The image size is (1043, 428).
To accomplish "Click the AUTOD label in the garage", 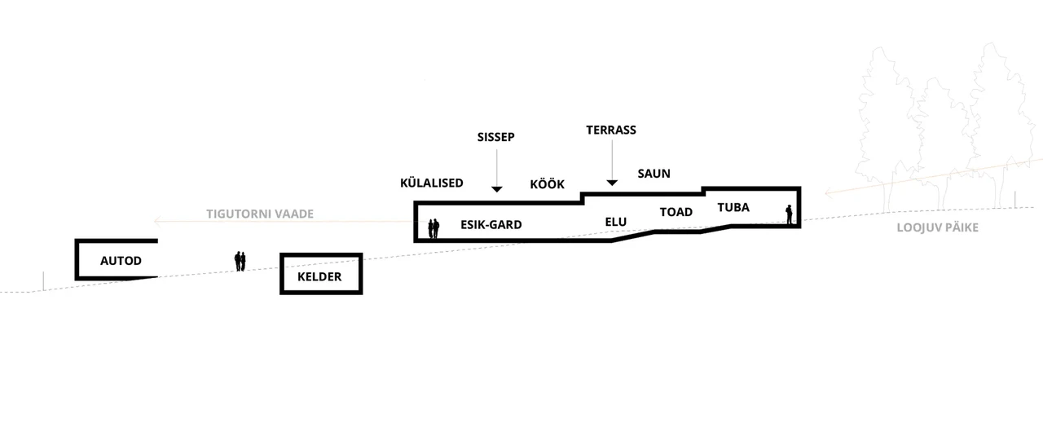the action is pos(121,260).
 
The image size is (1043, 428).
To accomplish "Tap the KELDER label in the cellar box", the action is pos(319,276).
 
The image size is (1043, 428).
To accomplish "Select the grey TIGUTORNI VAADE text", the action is pos(260,214).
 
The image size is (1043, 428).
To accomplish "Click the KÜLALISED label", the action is pos(432,183).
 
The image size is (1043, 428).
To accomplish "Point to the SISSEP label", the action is pos(496,137).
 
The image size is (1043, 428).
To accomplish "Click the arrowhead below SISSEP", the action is pos(497,189).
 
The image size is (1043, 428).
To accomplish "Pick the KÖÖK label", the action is pos(547,184).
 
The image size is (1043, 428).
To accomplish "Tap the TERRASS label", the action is pos(611,130).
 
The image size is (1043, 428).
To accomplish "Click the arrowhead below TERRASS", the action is pos(612,183).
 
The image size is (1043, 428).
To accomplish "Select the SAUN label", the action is pos(654,174).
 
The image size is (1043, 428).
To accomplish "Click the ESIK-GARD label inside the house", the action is pos(491,224).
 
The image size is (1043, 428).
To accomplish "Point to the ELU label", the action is pos(615,222).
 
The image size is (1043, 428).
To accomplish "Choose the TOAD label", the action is pos(676,212).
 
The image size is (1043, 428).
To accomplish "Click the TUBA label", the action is pos(733,207).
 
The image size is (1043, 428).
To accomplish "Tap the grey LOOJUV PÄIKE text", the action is pos(937,227).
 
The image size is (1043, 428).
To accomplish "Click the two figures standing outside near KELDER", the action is pos(240,261).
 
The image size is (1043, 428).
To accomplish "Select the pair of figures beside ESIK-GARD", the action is pos(433,228).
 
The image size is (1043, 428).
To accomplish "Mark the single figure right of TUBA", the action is pos(789,214).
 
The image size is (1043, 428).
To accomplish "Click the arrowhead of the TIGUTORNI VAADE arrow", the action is pos(157,221).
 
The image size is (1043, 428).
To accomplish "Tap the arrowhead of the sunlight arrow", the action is pos(829,192).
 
